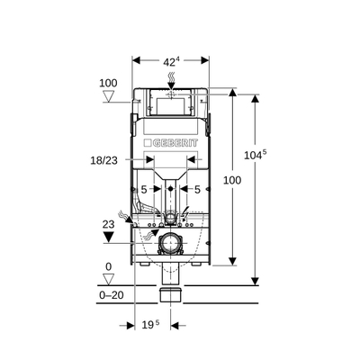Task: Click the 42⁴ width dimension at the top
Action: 171,62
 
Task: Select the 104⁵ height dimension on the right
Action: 257,155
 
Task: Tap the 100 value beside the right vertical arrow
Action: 232,181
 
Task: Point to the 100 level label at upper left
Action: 108,83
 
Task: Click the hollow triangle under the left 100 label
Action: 108,96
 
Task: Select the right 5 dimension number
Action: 196,190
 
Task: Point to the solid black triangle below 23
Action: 110,238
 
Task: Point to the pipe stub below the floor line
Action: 171,294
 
